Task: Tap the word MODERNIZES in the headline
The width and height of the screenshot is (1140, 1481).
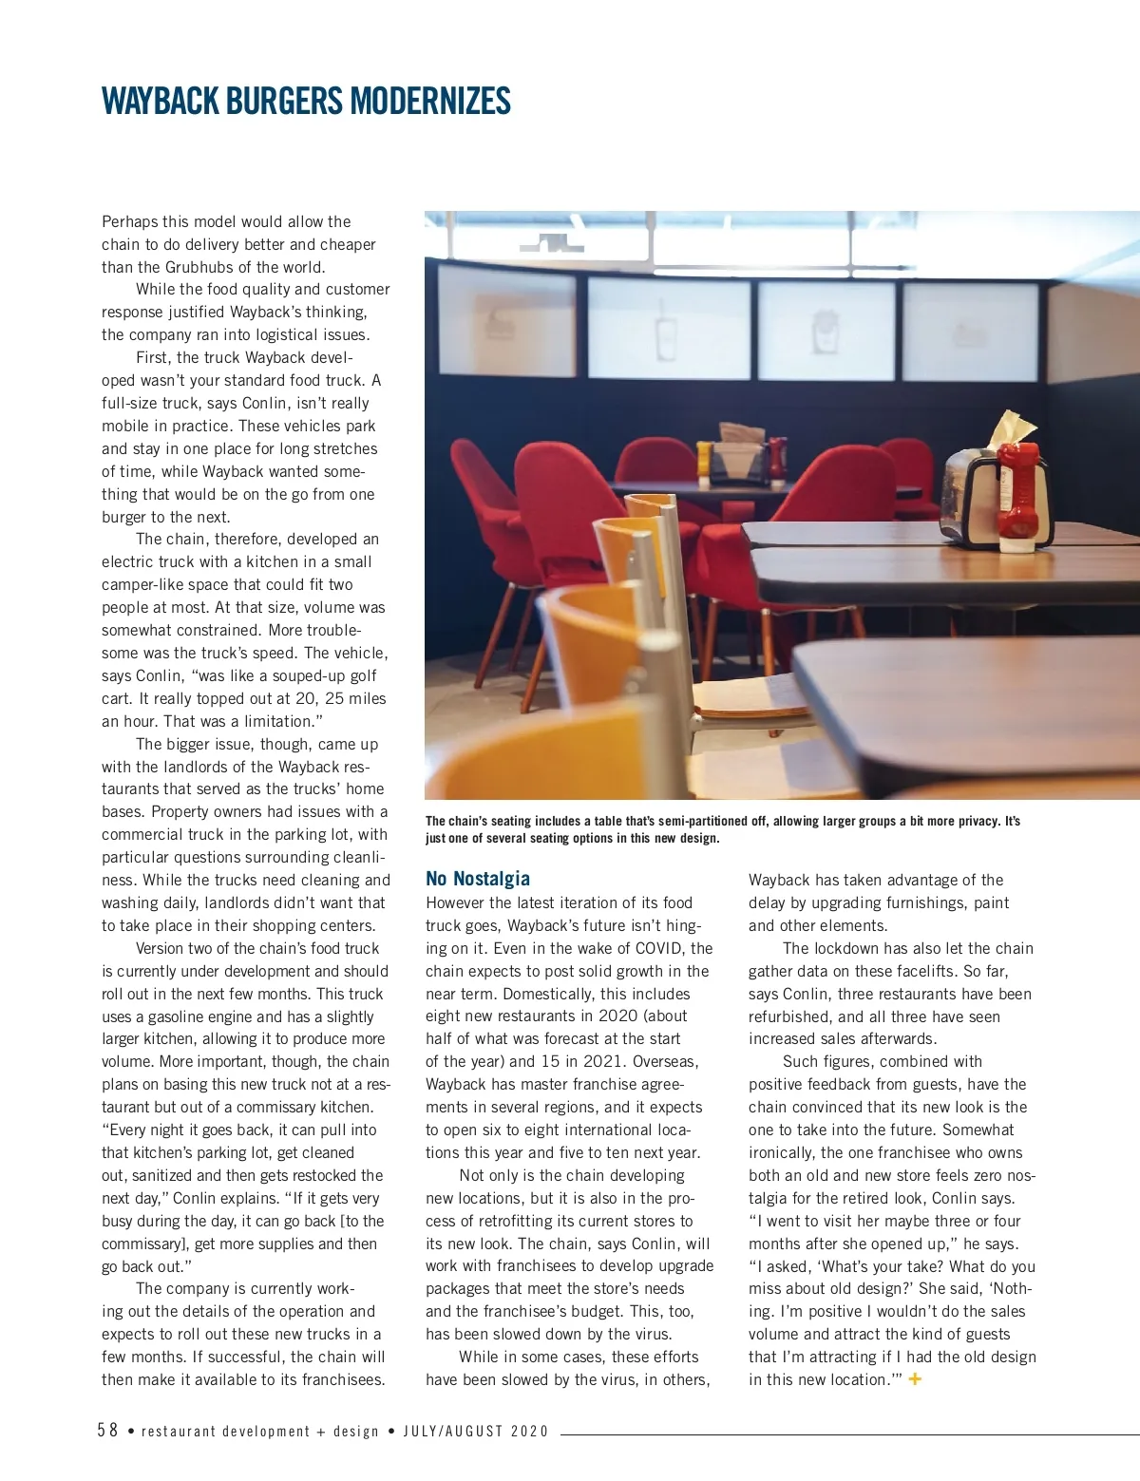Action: click(x=430, y=101)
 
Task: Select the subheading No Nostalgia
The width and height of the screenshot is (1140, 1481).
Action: click(x=478, y=879)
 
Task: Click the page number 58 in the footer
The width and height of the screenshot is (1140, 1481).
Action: click(x=107, y=1431)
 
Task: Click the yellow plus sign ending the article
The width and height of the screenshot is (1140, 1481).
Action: click(x=915, y=1378)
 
